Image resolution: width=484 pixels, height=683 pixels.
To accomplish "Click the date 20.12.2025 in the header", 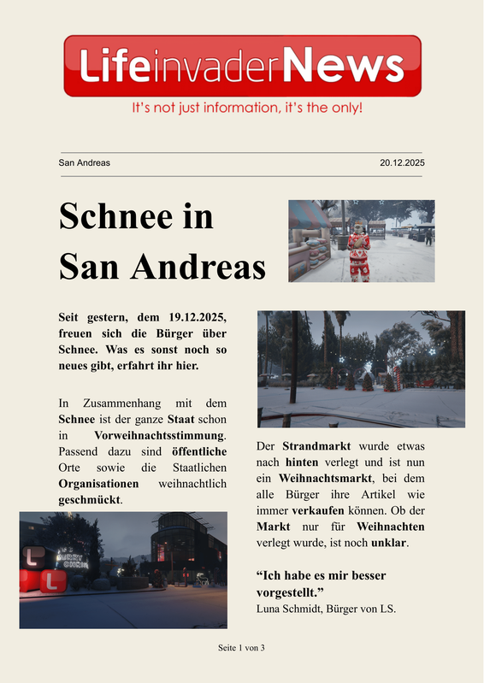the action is [x=402, y=162].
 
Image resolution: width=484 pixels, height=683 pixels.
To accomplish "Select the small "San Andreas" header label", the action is [x=84, y=162].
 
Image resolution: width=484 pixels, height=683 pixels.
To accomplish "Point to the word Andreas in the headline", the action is [x=198, y=268].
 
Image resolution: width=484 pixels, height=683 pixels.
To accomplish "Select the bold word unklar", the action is [x=388, y=543].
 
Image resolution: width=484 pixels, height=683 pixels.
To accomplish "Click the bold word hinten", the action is [x=302, y=463].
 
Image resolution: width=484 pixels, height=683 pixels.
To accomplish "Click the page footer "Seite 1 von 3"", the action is [x=242, y=648].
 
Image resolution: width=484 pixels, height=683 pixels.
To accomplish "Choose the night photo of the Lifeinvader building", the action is [x=123, y=569].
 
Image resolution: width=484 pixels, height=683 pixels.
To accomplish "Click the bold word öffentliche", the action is [x=199, y=451].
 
